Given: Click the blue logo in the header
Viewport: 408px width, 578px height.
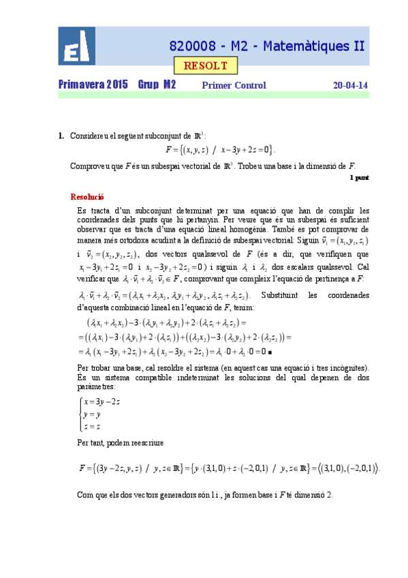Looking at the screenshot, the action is [77, 46].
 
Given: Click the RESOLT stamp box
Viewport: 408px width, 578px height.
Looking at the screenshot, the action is [206, 66].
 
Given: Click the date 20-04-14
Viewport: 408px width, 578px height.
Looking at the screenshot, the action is [350, 86].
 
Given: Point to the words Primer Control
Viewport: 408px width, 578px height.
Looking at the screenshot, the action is [234, 86].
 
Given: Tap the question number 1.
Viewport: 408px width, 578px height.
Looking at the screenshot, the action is [61, 136].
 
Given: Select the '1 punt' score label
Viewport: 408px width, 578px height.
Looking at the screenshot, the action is [359, 177].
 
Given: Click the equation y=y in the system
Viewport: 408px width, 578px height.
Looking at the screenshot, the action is [95, 414].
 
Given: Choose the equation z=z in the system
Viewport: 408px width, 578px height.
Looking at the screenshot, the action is [95, 427].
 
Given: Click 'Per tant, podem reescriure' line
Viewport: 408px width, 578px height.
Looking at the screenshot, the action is [121, 443].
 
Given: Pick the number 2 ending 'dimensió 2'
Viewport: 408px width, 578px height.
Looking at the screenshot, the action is [330, 495].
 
